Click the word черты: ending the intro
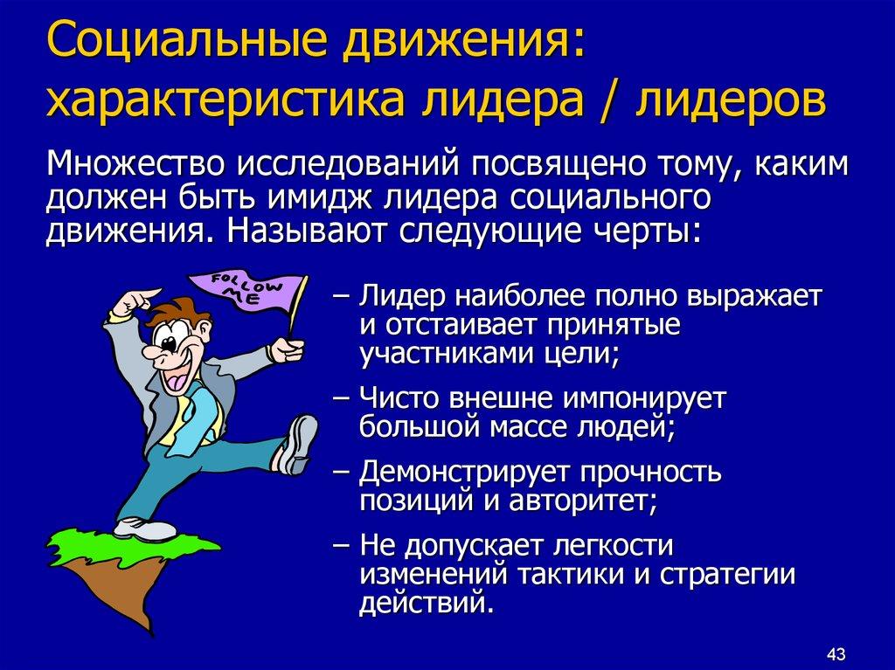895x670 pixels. coord(657,231)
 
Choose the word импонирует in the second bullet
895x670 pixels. coord(643,400)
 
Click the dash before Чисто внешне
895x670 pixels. coord(343,400)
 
